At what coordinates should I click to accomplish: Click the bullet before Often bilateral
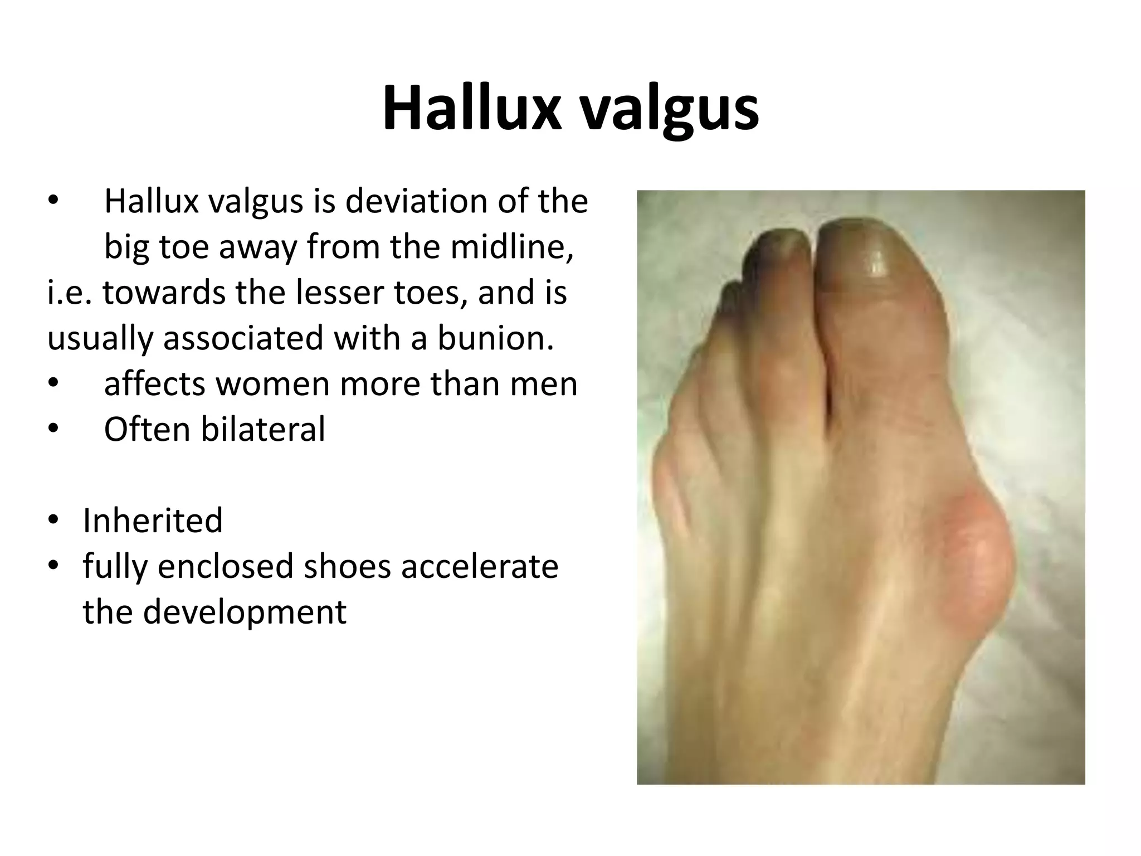[52, 429]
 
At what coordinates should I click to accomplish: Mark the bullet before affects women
[52, 383]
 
